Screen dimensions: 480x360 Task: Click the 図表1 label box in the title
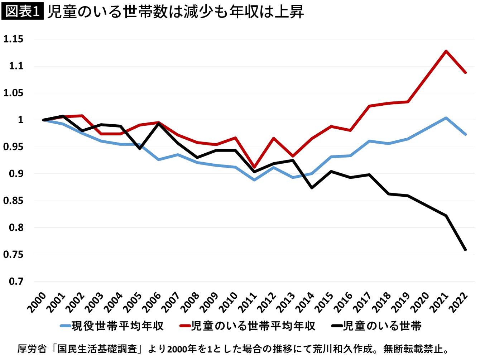(23, 11)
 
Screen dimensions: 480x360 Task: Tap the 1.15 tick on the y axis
(13, 39)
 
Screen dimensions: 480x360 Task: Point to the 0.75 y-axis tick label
(13, 255)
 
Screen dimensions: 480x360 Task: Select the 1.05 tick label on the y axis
(13, 93)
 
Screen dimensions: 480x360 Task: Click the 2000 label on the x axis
(37, 303)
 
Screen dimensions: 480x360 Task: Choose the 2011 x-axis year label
(248, 303)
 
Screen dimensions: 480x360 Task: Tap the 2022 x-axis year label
(458, 303)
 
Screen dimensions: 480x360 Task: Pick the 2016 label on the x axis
(343, 303)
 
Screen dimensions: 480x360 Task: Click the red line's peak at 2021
(446, 51)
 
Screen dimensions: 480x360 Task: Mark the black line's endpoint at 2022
(465, 249)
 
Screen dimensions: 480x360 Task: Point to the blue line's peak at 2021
(446, 118)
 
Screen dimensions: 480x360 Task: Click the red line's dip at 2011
(254, 167)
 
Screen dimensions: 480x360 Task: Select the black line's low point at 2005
(139, 149)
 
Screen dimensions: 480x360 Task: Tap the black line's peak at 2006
(159, 124)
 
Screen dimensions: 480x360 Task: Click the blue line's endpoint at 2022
(465, 134)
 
